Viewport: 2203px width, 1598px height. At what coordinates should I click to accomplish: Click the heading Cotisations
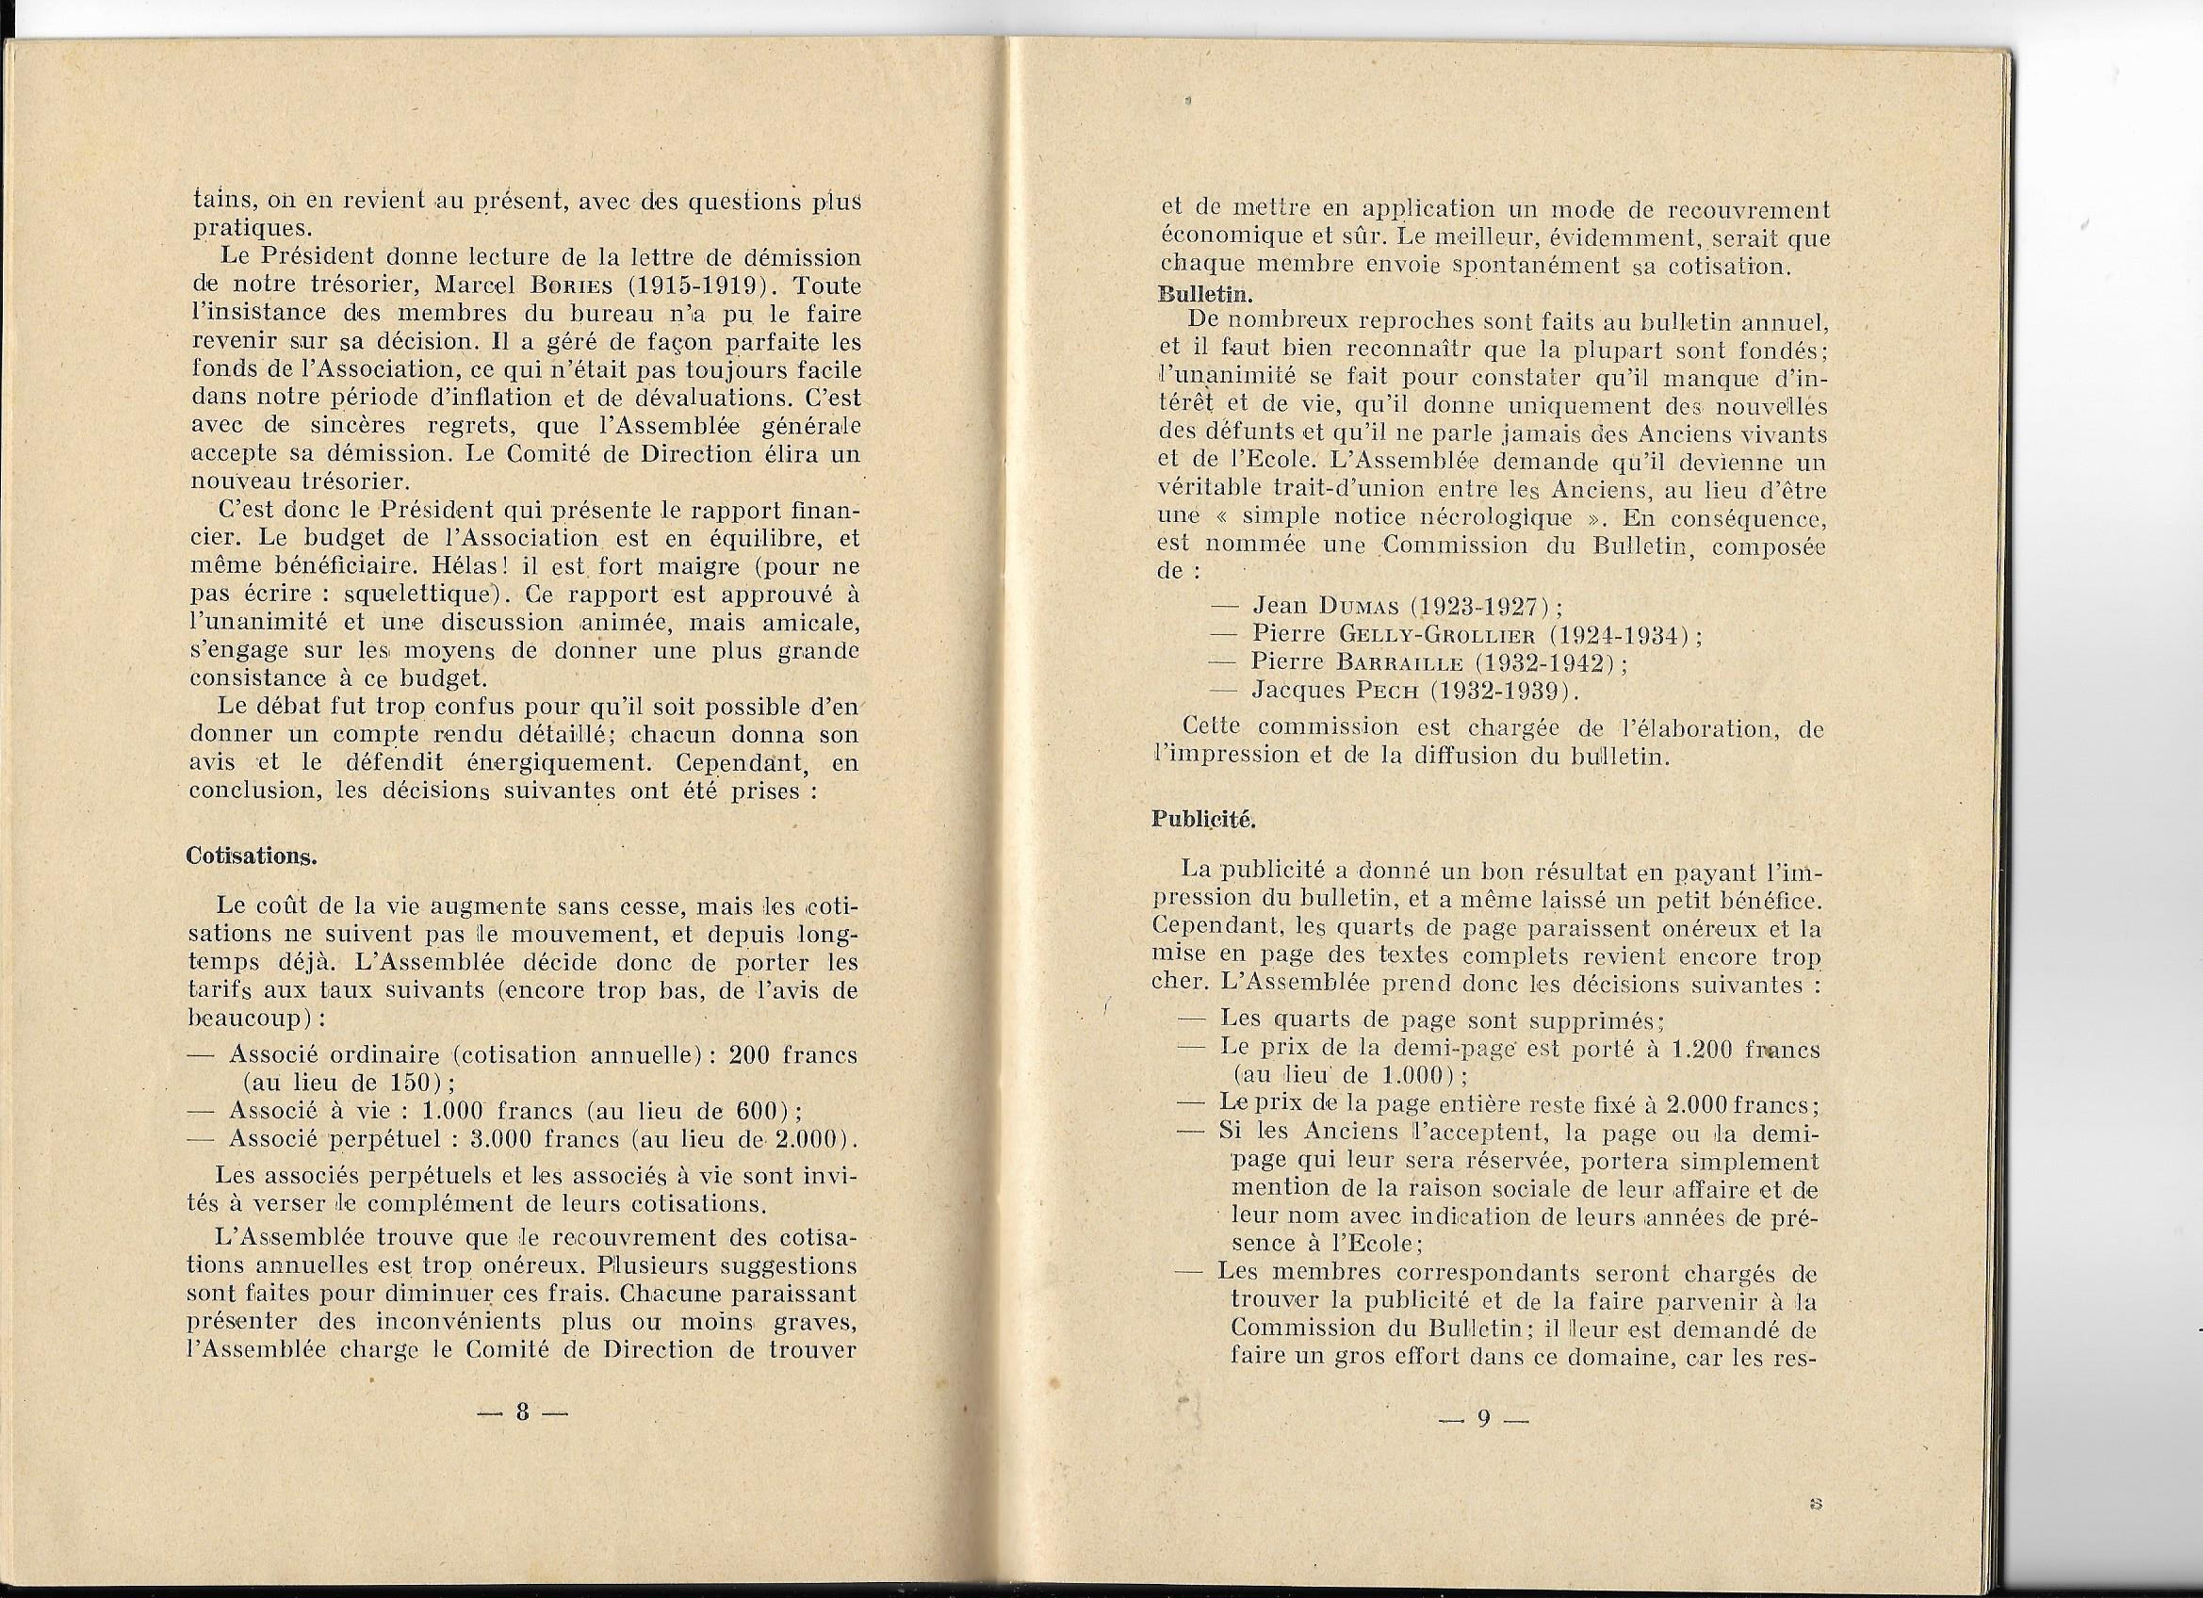251,856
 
